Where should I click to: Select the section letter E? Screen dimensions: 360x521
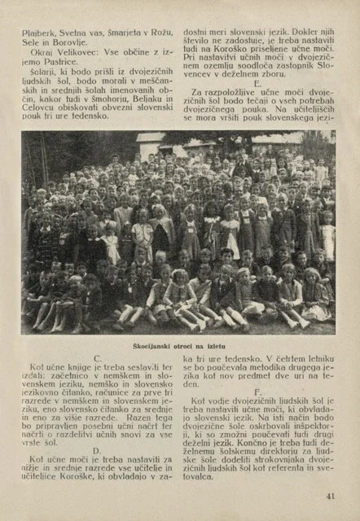click(x=258, y=83)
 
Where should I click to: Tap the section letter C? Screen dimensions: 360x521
click(x=98, y=358)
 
